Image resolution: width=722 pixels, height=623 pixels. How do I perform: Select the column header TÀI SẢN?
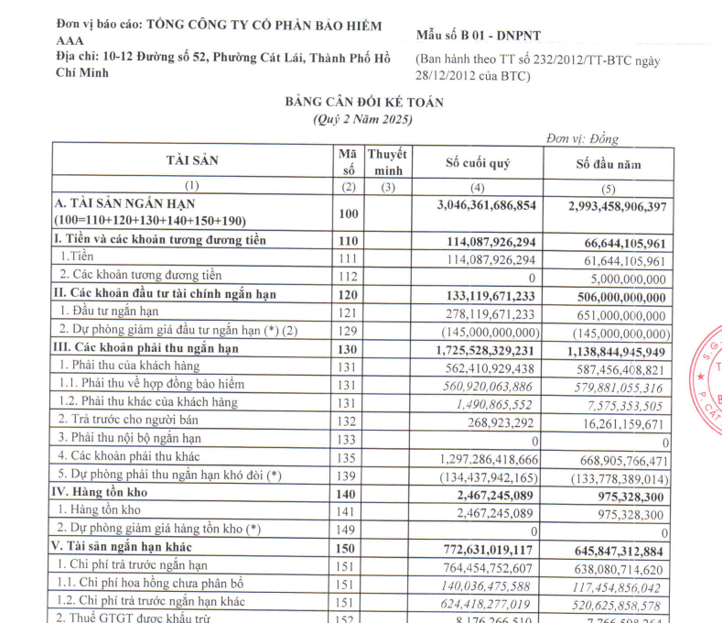[192, 160]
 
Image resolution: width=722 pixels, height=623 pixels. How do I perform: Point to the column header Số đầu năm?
[609, 165]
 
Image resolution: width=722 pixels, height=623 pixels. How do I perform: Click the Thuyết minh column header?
[387, 162]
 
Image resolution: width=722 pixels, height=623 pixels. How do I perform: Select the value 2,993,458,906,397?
[609, 206]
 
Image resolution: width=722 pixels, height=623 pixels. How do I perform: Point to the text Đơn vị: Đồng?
[582, 139]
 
